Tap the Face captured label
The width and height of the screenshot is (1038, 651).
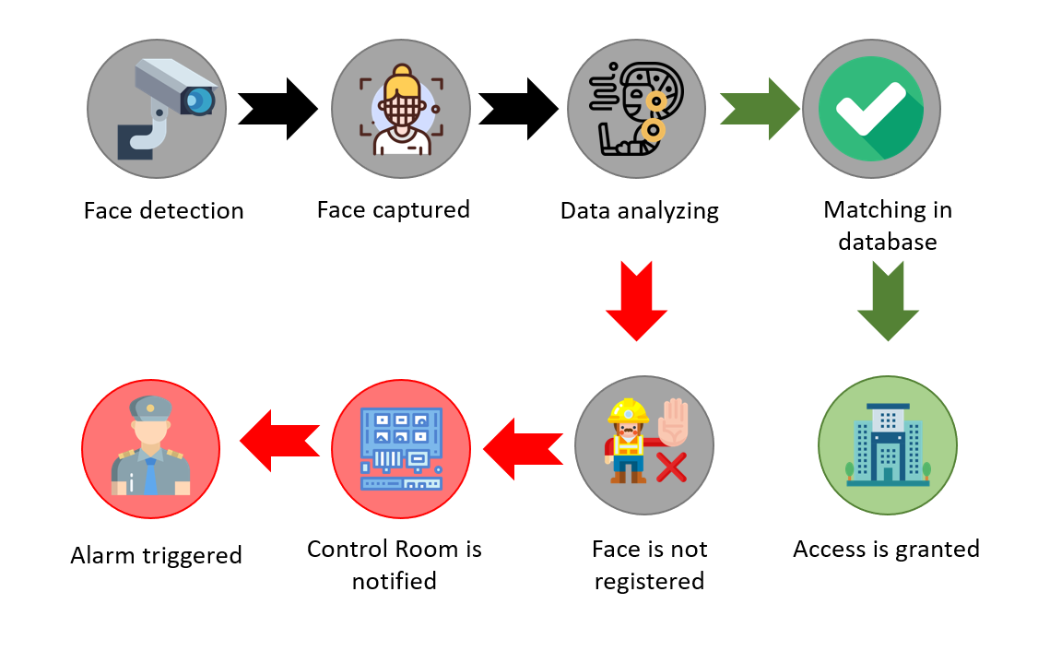tap(393, 209)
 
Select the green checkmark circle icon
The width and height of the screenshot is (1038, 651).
tap(871, 109)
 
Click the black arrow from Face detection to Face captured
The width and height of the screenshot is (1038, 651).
tap(277, 109)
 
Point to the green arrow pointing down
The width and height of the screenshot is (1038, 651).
tap(888, 301)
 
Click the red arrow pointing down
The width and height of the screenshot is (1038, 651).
tap(636, 301)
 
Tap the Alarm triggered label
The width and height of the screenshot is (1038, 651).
tap(156, 555)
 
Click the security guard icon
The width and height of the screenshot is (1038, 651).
tap(150, 445)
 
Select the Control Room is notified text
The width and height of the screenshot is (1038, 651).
tap(395, 564)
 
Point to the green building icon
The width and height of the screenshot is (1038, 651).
tap(888, 445)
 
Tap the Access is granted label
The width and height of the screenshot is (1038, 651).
tap(886, 550)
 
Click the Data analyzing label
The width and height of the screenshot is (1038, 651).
tap(639, 210)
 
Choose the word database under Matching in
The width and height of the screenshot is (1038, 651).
tap(888, 242)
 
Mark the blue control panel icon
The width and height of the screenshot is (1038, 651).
tap(401, 448)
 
